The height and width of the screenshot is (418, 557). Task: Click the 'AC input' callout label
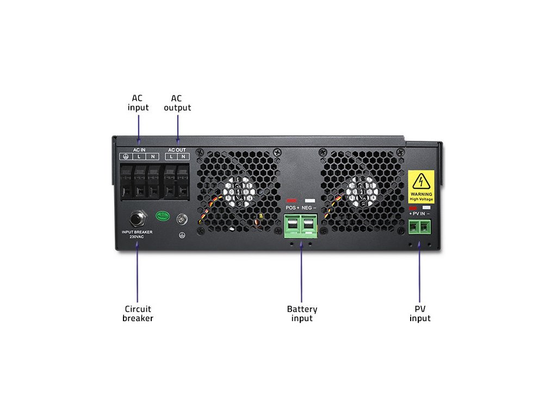(138, 102)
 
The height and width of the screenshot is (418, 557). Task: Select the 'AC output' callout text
(177, 102)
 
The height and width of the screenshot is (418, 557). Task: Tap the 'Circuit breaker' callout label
(138, 313)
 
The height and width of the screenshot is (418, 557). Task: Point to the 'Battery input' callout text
(302, 313)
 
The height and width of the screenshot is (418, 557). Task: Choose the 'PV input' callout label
(419, 313)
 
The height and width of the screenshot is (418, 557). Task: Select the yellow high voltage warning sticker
(422, 186)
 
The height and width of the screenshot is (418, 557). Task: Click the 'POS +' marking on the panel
(293, 208)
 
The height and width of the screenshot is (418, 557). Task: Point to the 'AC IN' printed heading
(139, 150)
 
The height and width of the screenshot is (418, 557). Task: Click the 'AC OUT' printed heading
(177, 150)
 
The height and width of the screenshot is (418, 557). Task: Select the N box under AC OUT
(183, 157)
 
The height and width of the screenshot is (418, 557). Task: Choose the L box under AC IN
(139, 157)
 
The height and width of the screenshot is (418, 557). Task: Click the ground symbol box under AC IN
(125, 157)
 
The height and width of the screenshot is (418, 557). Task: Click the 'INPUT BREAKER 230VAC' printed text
(137, 235)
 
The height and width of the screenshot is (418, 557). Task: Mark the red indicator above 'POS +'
(292, 201)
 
